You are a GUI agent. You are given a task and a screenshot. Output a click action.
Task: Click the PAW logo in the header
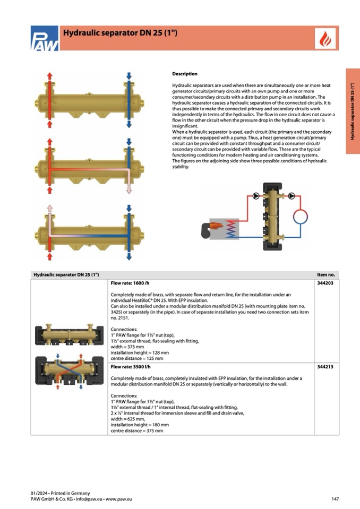click(x=44, y=39)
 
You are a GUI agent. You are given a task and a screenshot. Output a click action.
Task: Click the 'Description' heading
click(x=184, y=74)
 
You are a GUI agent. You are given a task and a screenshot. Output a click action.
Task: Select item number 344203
click(x=325, y=283)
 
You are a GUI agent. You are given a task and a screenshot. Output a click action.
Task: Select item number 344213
click(x=325, y=367)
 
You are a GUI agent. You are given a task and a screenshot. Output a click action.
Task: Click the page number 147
click(x=335, y=499)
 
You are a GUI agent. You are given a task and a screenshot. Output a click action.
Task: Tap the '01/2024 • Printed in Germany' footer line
click(x=60, y=493)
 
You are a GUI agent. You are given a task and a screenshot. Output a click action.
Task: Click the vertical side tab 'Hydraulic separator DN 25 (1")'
click(x=353, y=111)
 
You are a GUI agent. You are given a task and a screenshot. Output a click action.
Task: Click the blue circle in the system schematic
click(x=301, y=217)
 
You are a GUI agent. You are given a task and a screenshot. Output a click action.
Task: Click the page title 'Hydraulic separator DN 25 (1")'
click(x=120, y=33)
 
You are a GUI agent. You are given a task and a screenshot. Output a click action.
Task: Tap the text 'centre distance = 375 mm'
click(x=136, y=430)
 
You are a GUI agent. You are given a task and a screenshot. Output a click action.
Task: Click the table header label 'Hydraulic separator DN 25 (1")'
click(x=66, y=274)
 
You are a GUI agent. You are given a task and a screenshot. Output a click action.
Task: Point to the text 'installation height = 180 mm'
click(x=140, y=425)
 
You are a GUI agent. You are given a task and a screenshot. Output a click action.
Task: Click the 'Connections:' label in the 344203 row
click(x=124, y=330)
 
